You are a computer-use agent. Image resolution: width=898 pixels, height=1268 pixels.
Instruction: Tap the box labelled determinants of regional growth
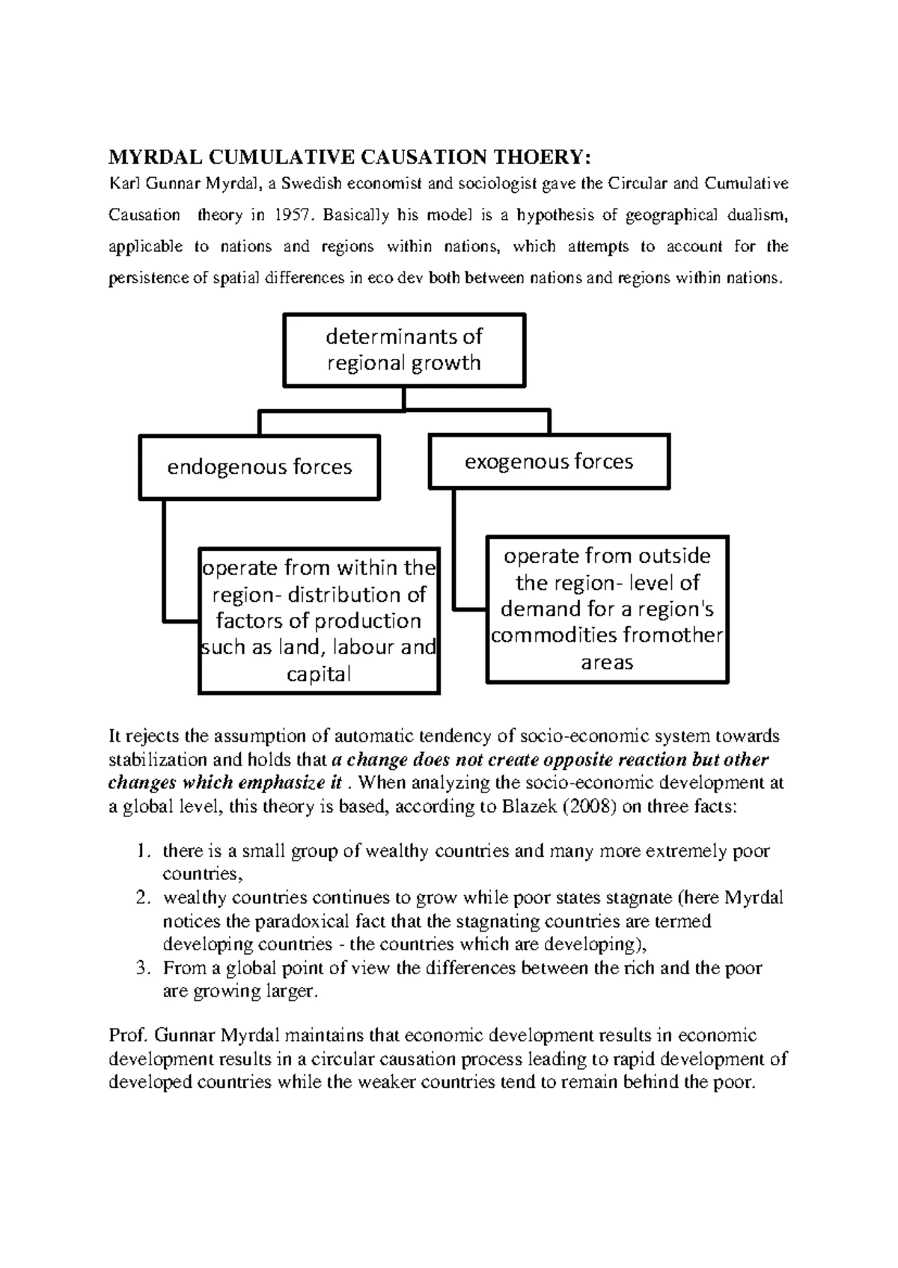coord(404,350)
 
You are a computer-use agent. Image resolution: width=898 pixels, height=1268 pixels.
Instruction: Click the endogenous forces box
coord(260,467)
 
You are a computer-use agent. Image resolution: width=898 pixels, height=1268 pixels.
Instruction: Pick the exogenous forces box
coord(549,462)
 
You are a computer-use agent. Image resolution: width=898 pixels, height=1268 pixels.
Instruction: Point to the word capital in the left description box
coord(319,674)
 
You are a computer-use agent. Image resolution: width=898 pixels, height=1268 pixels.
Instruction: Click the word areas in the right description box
coord(607,662)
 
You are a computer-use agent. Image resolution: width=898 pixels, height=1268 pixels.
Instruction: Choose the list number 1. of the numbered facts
coord(143,851)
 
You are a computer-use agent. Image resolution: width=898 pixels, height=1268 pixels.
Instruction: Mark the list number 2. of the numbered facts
coord(143,898)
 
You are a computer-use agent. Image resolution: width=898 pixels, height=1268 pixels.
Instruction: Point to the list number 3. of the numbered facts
coord(143,968)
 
